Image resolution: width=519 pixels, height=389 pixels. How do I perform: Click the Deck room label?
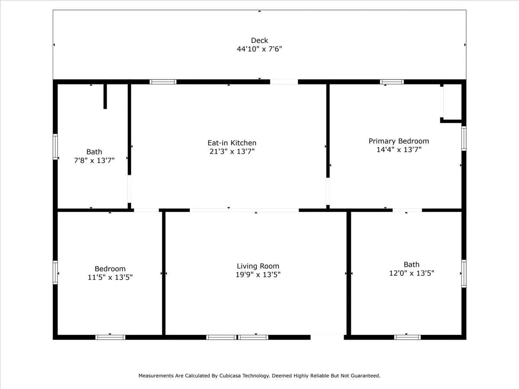point(259,40)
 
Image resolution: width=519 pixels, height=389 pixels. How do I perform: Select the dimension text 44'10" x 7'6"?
point(259,49)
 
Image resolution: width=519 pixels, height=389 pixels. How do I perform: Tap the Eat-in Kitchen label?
point(232,143)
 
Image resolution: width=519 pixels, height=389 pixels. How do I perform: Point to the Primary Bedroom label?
point(399,141)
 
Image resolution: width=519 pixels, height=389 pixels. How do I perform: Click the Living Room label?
point(258,266)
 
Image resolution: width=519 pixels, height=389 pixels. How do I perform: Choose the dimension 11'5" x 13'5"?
point(110,277)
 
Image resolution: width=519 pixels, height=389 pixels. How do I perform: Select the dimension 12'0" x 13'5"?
point(412,273)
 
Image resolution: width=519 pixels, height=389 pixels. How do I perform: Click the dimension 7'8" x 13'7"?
point(94,161)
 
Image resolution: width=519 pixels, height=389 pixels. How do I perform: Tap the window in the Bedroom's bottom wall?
point(110,337)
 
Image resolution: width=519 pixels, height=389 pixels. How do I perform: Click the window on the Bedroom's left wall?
point(55,272)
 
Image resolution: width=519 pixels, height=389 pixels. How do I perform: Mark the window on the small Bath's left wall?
point(55,147)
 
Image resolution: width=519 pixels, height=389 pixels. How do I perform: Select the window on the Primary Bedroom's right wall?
point(464,138)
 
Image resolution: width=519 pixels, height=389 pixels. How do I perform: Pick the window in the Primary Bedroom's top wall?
point(392,82)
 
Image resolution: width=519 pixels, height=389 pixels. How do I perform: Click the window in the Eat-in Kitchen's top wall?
point(163,82)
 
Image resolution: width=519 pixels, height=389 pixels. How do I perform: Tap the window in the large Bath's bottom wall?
point(407,337)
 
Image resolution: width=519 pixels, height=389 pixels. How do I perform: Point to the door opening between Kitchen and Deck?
point(284,82)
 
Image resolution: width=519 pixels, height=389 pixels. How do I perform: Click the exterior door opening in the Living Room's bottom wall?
point(327,337)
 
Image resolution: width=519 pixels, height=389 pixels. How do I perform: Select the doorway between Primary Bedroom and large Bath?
point(407,210)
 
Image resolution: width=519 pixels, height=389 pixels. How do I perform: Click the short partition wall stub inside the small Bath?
point(105,96)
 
